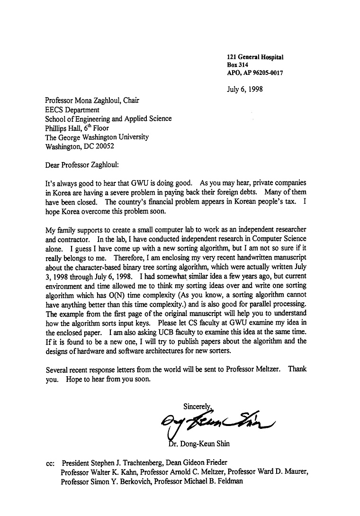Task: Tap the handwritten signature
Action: tap(218, 419)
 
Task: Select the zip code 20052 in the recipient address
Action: tap(104, 146)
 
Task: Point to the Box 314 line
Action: tap(238, 65)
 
